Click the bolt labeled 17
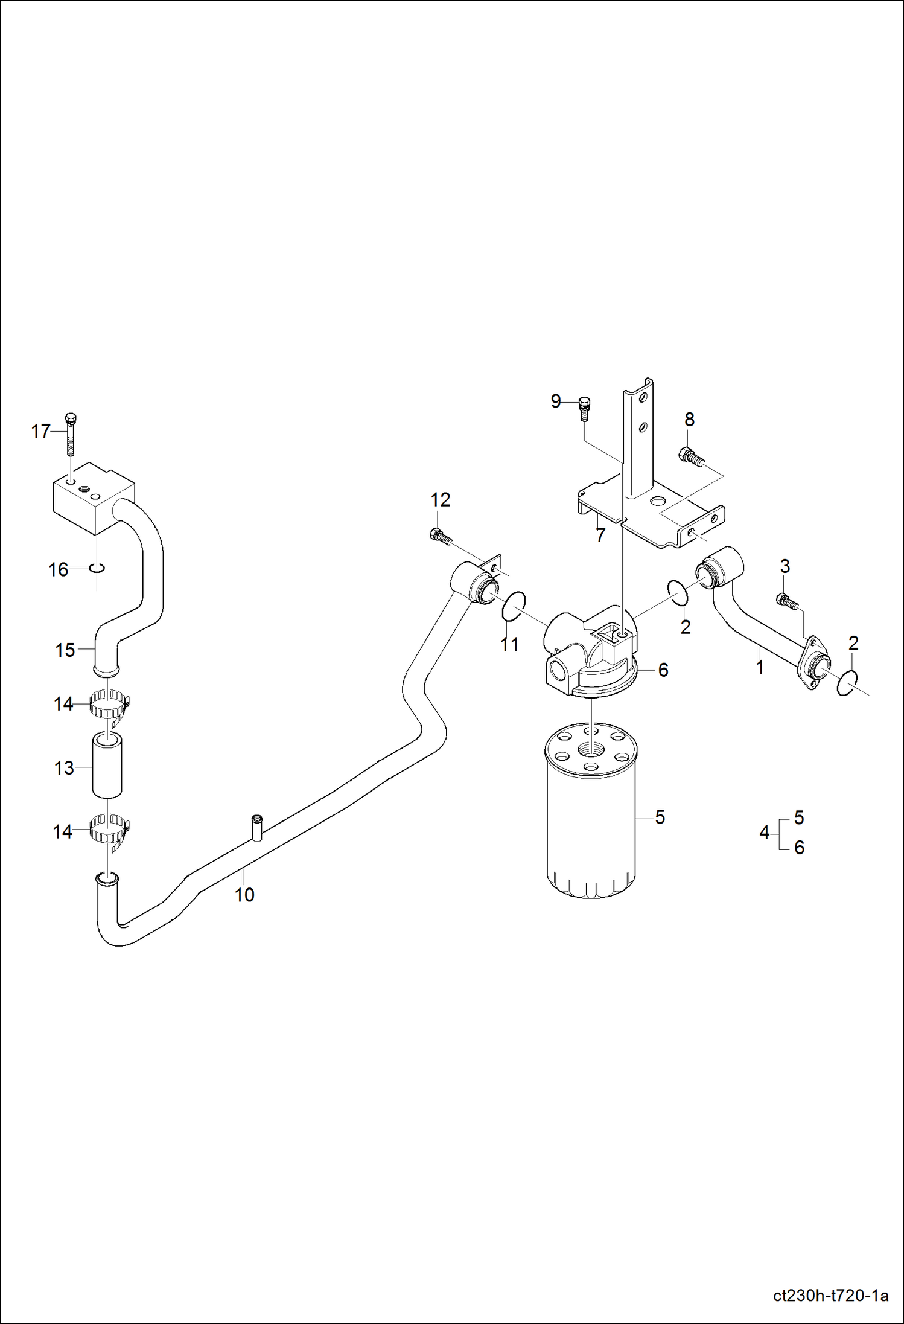click(x=71, y=435)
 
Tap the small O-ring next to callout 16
click(x=97, y=568)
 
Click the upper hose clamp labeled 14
click(x=109, y=705)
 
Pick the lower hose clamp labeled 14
click(x=109, y=831)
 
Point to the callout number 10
click(x=244, y=895)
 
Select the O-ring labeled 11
click(x=514, y=606)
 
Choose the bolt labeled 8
click(x=692, y=457)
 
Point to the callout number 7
click(x=600, y=536)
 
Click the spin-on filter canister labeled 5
click(x=590, y=821)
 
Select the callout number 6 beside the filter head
click(x=663, y=670)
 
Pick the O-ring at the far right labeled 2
click(x=847, y=683)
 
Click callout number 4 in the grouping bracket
click(x=764, y=833)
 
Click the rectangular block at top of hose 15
click(x=91, y=498)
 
